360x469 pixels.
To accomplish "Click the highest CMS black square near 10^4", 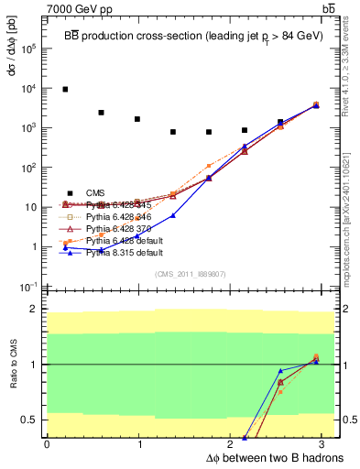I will click(65, 89).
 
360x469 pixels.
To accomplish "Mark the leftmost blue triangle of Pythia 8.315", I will click(65, 248).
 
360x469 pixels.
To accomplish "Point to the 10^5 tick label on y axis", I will click(27, 49).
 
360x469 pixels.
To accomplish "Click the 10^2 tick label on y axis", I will click(27, 168).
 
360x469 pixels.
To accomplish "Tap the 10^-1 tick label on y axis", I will click(27, 287).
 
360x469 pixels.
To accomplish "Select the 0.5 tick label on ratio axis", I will click(29, 420).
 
